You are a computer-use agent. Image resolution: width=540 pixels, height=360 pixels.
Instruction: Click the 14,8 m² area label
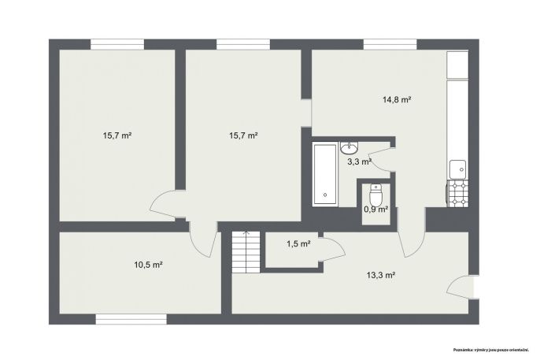397,100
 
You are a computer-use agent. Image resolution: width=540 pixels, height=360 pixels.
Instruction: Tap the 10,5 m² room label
148,265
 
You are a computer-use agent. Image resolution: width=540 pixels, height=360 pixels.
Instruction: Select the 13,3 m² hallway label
380,275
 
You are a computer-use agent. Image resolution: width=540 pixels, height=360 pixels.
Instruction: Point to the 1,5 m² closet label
298,244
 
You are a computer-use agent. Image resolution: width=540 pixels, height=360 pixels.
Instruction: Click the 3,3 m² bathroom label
359,161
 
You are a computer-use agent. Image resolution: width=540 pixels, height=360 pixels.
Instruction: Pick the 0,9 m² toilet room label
376,209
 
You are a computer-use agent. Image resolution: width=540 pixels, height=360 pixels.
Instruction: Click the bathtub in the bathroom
325,174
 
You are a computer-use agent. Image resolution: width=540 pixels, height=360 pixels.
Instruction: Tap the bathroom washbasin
350,148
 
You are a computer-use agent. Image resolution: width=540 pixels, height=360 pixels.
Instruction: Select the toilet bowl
375,195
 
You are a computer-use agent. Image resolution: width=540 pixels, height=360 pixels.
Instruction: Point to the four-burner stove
457,194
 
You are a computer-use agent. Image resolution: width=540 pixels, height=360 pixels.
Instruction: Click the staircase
246,252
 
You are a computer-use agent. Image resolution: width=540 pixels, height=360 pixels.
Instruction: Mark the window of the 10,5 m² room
131,319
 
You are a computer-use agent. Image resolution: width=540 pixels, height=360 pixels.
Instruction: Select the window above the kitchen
390,44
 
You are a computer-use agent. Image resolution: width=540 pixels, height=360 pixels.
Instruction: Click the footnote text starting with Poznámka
490,350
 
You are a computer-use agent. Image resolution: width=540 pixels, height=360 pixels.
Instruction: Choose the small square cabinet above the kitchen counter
457,65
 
